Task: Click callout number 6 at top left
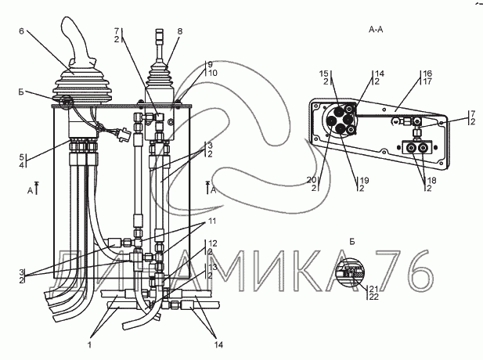pyautogui.click(x=21, y=31)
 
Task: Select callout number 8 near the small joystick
pyautogui.click(x=180, y=31)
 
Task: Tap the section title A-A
pyautogui.click(x=376, y=29)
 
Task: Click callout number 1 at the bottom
pyautogui.click(x=90, y=344)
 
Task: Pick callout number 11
pyautogui.click(x=212, y=221)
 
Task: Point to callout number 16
pyautogui.click(x=427, y=74)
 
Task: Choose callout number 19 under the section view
pyautogui.click(x=365, y=180)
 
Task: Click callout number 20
pyautogui.click(x=312, y=179)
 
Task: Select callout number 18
pyautogui.click(x=432, y=180)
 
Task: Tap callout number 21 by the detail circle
pyautogui.click(x=373, y=289)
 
